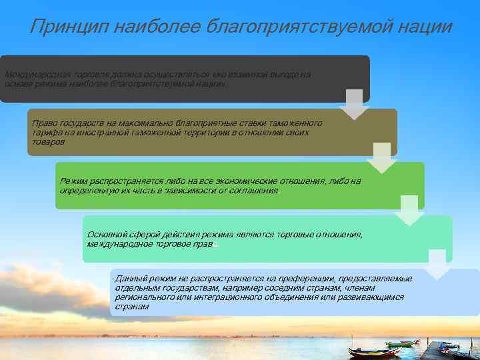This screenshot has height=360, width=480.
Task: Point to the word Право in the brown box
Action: [44, 123]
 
